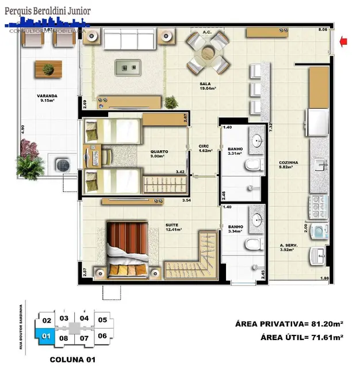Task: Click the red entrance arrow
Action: pyautogui.click(x=344, y=41)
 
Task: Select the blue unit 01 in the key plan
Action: pyautogui.click(x=46, y=334)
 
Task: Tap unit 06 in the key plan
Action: pyautogui.click(x=102, y=336)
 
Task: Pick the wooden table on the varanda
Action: pyautogui.click(x=49, y=70)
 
